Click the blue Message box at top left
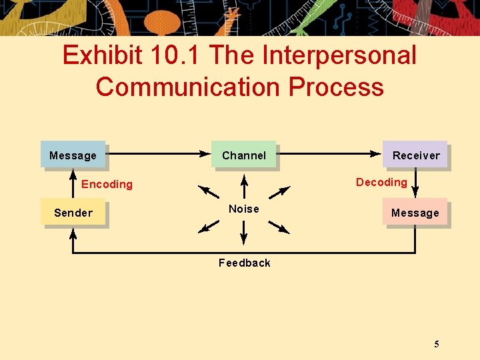(x=73, y=155)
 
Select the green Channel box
(x=243, y=155)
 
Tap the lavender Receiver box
(x=415, y=155)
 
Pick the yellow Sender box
(x=73, y=213)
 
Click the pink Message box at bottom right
(x=415, y=213)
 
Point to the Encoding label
(x=107, y=184)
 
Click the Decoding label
(x=381, y=182)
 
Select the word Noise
(x=243, y=209)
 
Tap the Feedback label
(x=244, y=263)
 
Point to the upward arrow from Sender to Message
(x=72, y=183)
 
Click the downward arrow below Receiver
(x=415, y=183)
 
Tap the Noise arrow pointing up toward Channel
(x=244, y=186)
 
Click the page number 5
(x=436, y=344)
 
